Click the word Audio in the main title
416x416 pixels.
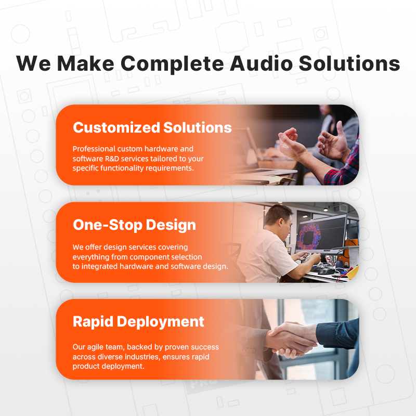tap(261, 63)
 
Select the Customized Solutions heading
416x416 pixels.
tap(152, 127)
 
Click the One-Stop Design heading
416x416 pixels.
tap(134, 225)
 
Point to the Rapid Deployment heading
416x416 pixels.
tap(138, 322)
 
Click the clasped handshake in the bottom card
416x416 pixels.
tap(291, 340)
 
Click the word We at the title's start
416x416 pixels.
tap(33, 63)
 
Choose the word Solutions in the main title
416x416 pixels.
tap(349, 63)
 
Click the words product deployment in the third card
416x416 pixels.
tap(108, 367)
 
